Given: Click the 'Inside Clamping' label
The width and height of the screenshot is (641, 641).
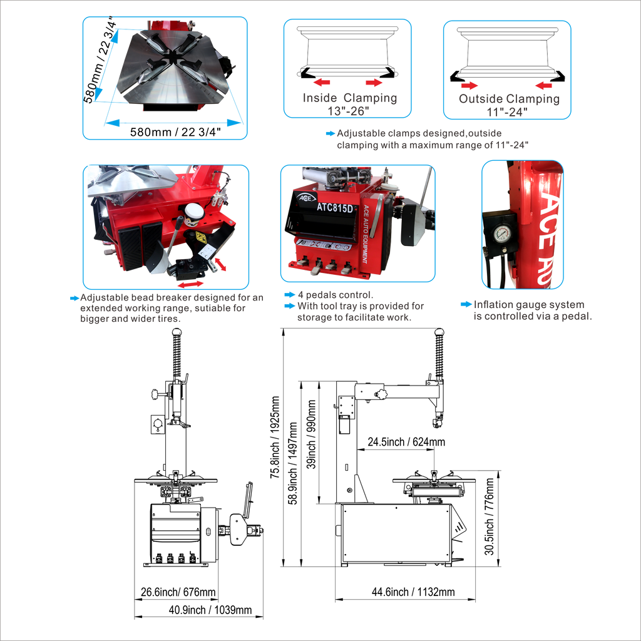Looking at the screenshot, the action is [x=349, y=98].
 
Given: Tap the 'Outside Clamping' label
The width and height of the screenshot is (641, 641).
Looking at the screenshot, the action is [x=509, y=98].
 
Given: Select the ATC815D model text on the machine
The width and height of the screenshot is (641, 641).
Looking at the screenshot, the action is [x=335, y=208].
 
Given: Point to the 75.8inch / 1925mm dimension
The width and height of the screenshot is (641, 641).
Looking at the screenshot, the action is [x=275, y=437].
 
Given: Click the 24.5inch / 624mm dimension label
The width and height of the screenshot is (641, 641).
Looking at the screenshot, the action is [x=406, y=442].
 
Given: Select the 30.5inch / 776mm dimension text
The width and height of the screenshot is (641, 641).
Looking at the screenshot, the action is [x=490, y=516].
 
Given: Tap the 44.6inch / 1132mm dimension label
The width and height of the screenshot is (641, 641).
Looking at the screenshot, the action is [x=413, y=592].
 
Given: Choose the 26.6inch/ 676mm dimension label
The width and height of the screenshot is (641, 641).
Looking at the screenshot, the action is [x=178, y=592].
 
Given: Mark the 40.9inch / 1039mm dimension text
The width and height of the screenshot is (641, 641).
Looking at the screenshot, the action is [x=210, y=610].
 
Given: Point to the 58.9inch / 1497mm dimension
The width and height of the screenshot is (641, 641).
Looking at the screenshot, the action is [x=293, y=464].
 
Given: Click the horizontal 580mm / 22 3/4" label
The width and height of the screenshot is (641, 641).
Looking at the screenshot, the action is [x=175, y=132].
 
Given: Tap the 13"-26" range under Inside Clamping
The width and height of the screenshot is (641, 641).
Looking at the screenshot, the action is [x=348, y=111].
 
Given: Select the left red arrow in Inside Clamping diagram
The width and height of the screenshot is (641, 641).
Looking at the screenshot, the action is [x=322, y=83].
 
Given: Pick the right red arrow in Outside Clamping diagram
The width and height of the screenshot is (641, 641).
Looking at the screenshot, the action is [x=544, y=85].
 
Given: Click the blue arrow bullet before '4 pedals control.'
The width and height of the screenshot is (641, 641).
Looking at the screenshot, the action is [x=289, y=294].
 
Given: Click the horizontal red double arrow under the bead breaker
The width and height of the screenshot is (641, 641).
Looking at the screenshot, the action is [x=190, y=284].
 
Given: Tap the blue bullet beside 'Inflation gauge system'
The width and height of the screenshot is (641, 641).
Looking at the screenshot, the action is [x=466, y=304].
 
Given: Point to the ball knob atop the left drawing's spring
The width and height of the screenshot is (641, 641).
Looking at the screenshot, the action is [x=176, y=333].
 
